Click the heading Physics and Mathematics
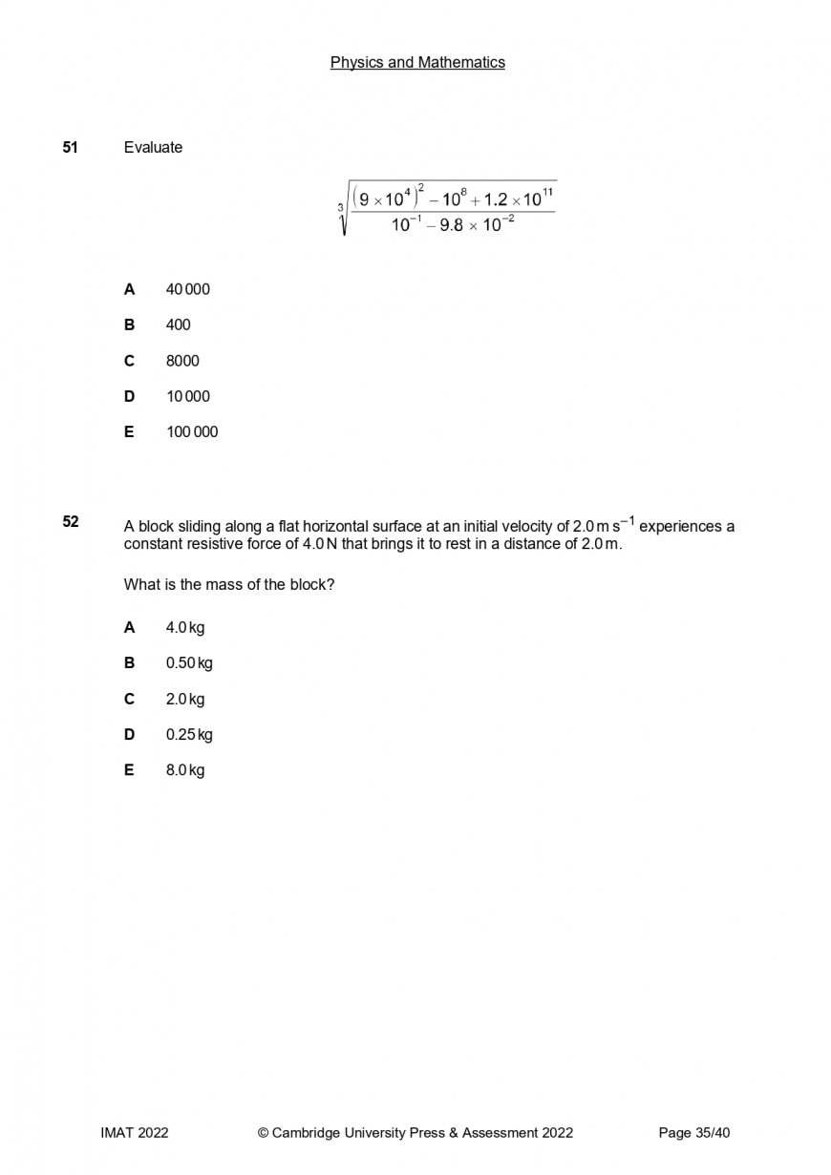(417, 62)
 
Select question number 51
(70, 147)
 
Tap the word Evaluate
(153, 147)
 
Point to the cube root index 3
(340, 206)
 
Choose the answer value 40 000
(188, 289)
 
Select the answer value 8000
(182, 361)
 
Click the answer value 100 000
(192, 431)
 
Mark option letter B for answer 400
(129, 325)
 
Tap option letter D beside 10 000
(129, 396)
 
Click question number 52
(70, 521)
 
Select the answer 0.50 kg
(189, 663)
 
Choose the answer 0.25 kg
(189, 735)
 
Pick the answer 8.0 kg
(185, 770)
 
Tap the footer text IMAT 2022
(135, 1133)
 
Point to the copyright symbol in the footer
(263, 1133)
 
